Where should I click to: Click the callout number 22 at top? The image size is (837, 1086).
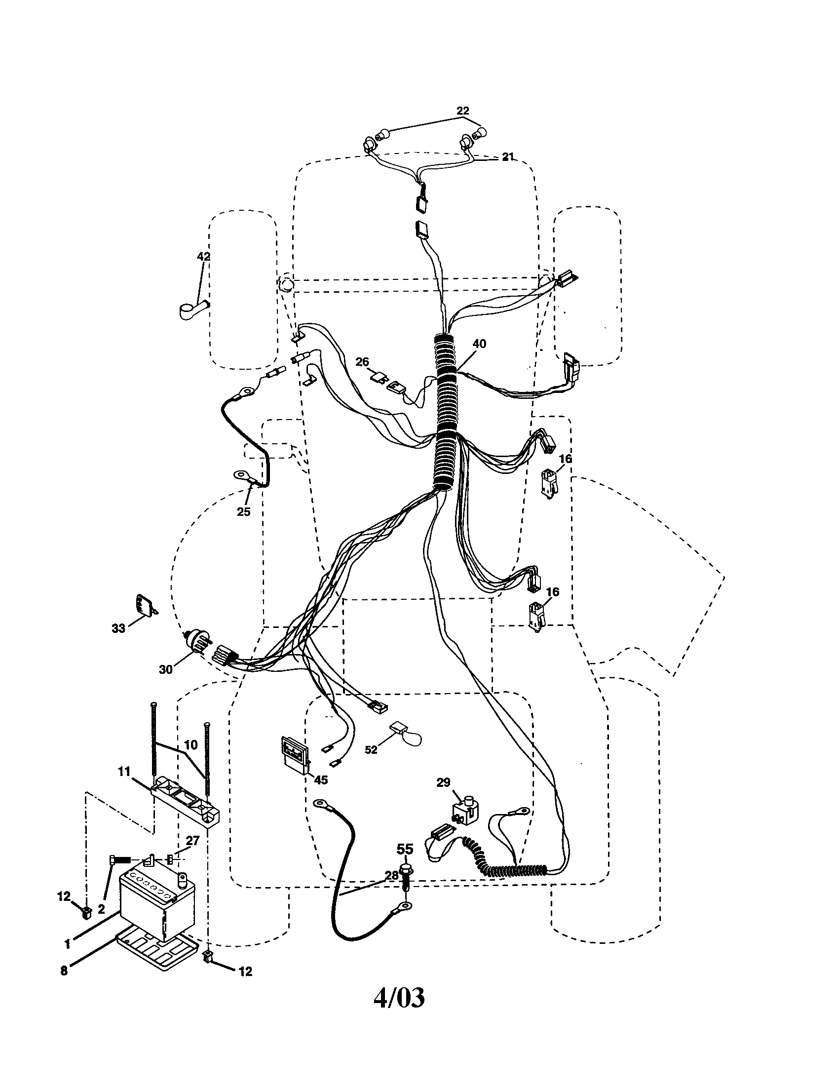pos(462,111)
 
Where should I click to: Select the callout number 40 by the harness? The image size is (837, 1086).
pos(479,344)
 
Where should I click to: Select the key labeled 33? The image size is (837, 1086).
pos(145,605)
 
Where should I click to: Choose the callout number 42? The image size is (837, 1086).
pos(203,257)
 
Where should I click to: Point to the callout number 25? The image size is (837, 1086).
pos(243,512)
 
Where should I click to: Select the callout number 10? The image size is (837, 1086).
pos(191,745)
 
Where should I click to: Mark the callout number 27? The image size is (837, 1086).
pos(192,840)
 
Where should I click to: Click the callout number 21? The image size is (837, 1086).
pos(507,157)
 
